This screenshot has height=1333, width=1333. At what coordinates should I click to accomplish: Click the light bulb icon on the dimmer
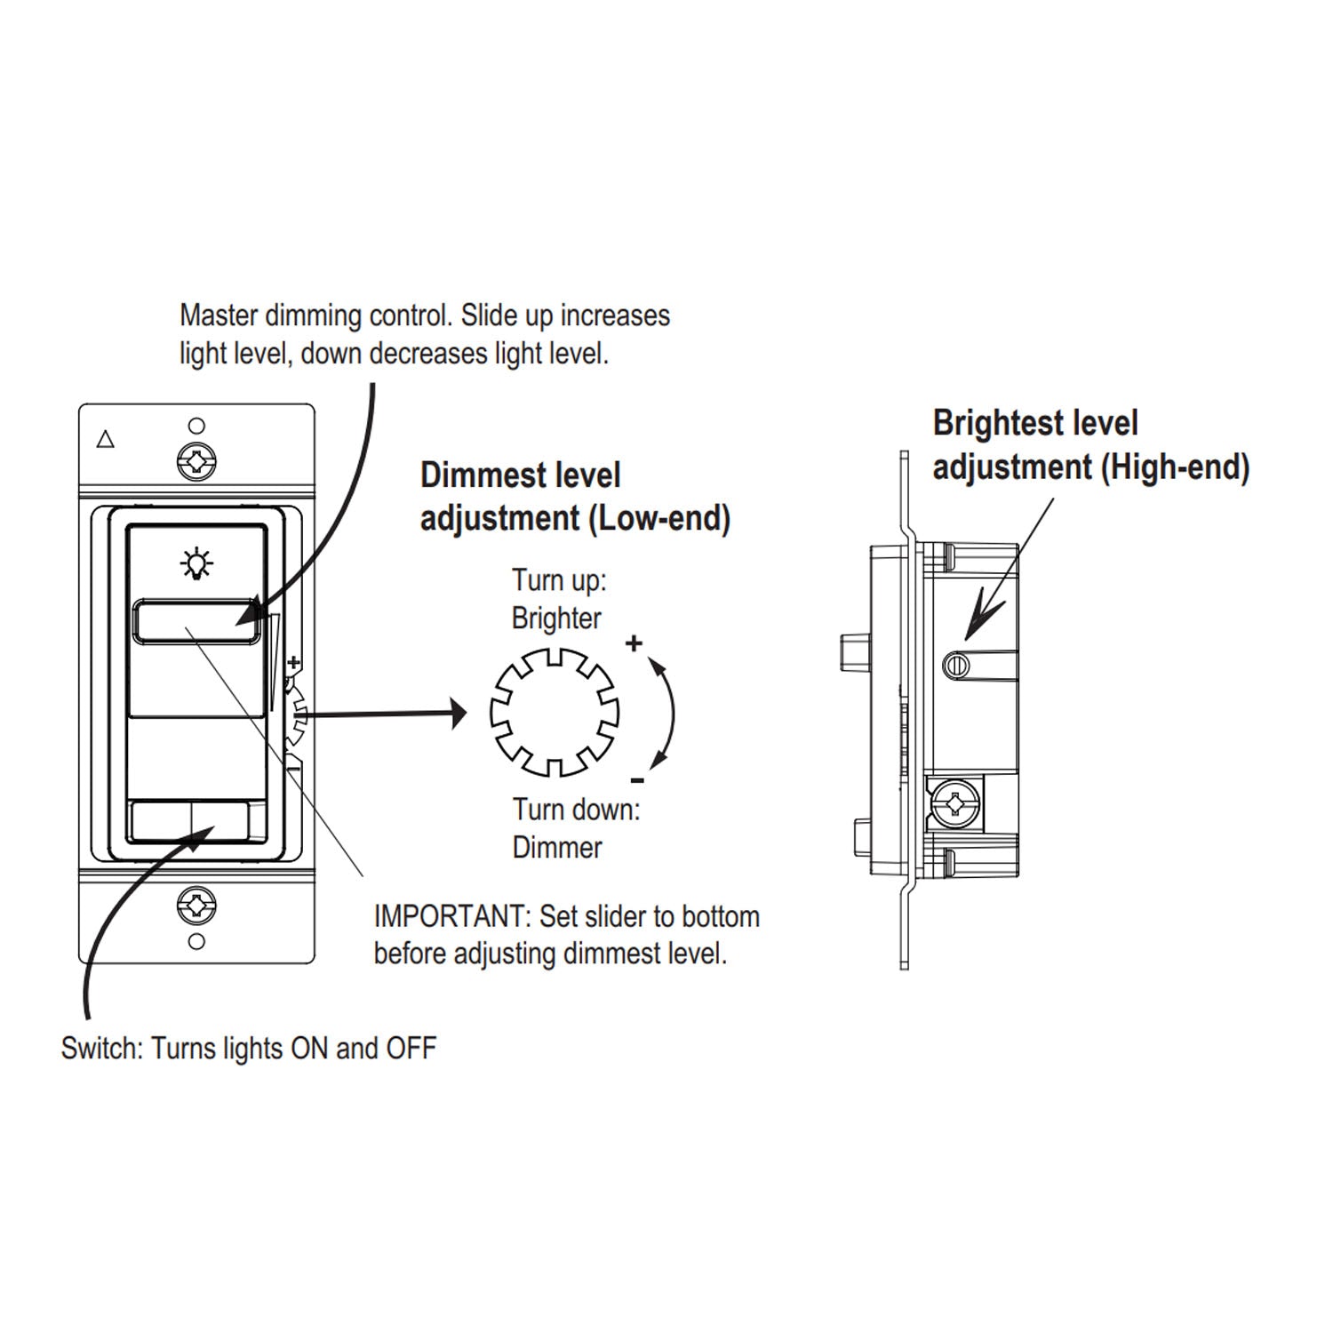coord(196,563)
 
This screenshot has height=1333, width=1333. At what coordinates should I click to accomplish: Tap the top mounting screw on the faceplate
coord(196,461)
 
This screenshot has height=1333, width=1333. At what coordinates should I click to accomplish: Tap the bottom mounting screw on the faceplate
coord(196,906)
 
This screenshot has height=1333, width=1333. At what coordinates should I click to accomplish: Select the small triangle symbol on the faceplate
coord(106,439)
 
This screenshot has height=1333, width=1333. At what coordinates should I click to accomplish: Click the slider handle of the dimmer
coord(196,622)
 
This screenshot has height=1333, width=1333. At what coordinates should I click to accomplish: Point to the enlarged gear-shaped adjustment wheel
coord(555,713)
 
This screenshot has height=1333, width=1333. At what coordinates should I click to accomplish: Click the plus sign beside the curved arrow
coord(634,643)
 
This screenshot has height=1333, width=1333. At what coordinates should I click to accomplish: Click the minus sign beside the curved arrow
coord(637,781)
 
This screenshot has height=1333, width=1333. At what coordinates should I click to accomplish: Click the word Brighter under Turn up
coord(556,619)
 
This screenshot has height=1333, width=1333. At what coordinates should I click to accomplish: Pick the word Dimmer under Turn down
coord(557,847)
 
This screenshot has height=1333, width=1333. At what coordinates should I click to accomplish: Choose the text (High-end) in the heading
coord(1175,467)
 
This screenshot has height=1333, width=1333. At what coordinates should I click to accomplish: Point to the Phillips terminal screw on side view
coord(955,804)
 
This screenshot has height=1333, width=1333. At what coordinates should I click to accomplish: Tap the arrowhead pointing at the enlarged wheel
coord(458,713)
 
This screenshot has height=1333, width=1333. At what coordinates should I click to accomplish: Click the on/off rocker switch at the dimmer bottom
coord(189,821)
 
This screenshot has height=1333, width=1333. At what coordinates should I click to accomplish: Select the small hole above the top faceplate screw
coord(197,427)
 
